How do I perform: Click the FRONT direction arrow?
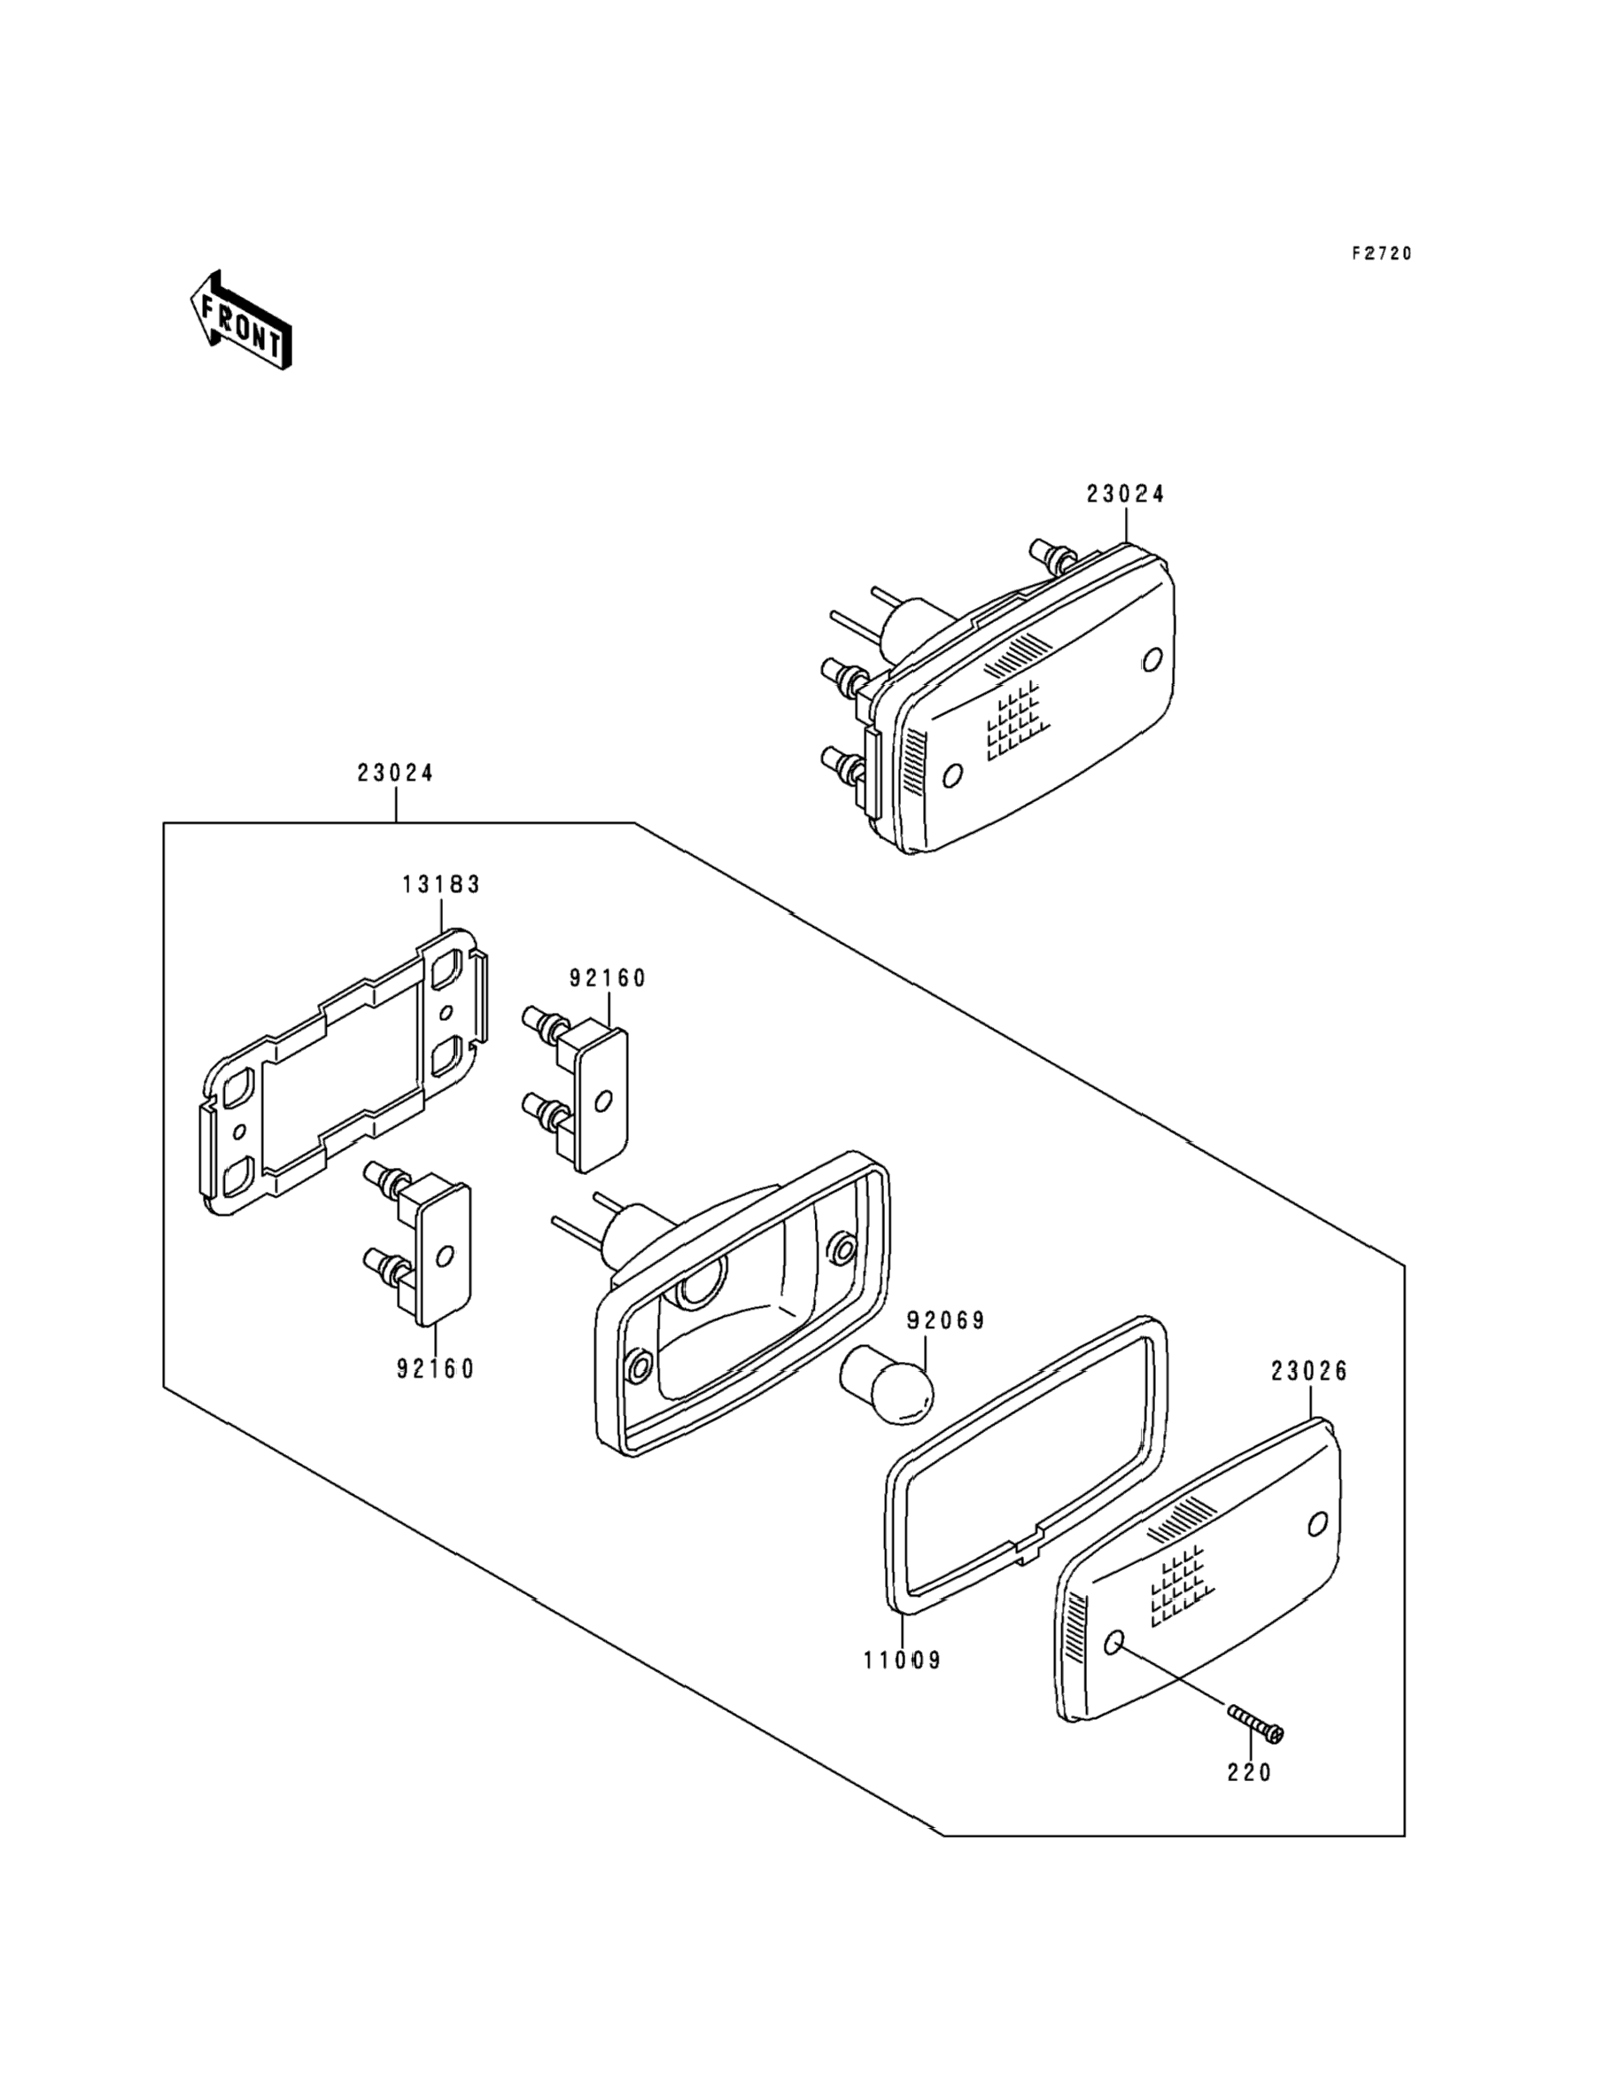(240, 321)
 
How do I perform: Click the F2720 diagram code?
(1381, 253)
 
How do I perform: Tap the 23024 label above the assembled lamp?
(1125, 494)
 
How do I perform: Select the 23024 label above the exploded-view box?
(395, 774)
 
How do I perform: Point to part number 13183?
(440, 884)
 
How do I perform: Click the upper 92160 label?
(607, 978)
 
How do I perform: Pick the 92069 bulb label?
(944, 1320)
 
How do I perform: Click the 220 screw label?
(1248, 1772)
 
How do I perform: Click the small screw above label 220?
(1254, 1723)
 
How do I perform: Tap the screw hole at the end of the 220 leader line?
(1115, 1643)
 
